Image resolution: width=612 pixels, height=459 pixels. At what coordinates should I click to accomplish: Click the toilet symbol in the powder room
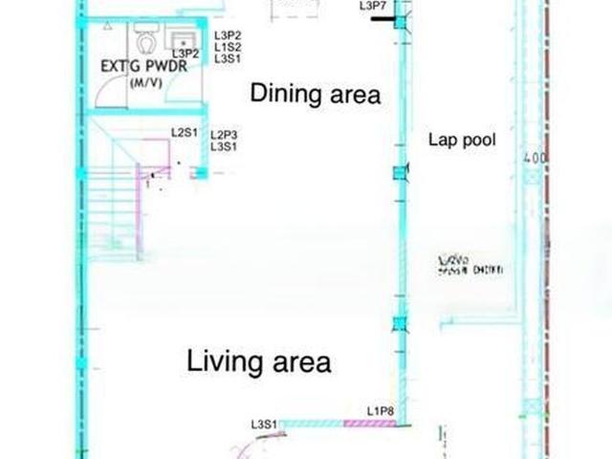point(145,41)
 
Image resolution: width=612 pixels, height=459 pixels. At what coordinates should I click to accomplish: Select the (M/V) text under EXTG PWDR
point(144,83)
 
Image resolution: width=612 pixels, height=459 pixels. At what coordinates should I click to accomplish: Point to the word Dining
point(283,94)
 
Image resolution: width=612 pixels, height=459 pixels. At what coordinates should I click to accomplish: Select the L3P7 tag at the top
point(373,6)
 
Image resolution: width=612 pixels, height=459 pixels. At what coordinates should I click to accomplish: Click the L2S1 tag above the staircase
point(184,132)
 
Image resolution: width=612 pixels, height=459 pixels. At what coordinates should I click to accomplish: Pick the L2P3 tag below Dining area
point(224,135)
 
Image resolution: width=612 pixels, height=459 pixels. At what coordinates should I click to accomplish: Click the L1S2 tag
point(227,46)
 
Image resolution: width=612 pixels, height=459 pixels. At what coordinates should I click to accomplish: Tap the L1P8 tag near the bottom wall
point(380,411)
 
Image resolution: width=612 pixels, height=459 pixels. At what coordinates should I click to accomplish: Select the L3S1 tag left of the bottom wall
point(264,424)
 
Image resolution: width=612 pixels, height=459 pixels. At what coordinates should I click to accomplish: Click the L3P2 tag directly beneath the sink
point(186,54)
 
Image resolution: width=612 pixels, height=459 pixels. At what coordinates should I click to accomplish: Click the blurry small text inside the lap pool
point(469,265)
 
